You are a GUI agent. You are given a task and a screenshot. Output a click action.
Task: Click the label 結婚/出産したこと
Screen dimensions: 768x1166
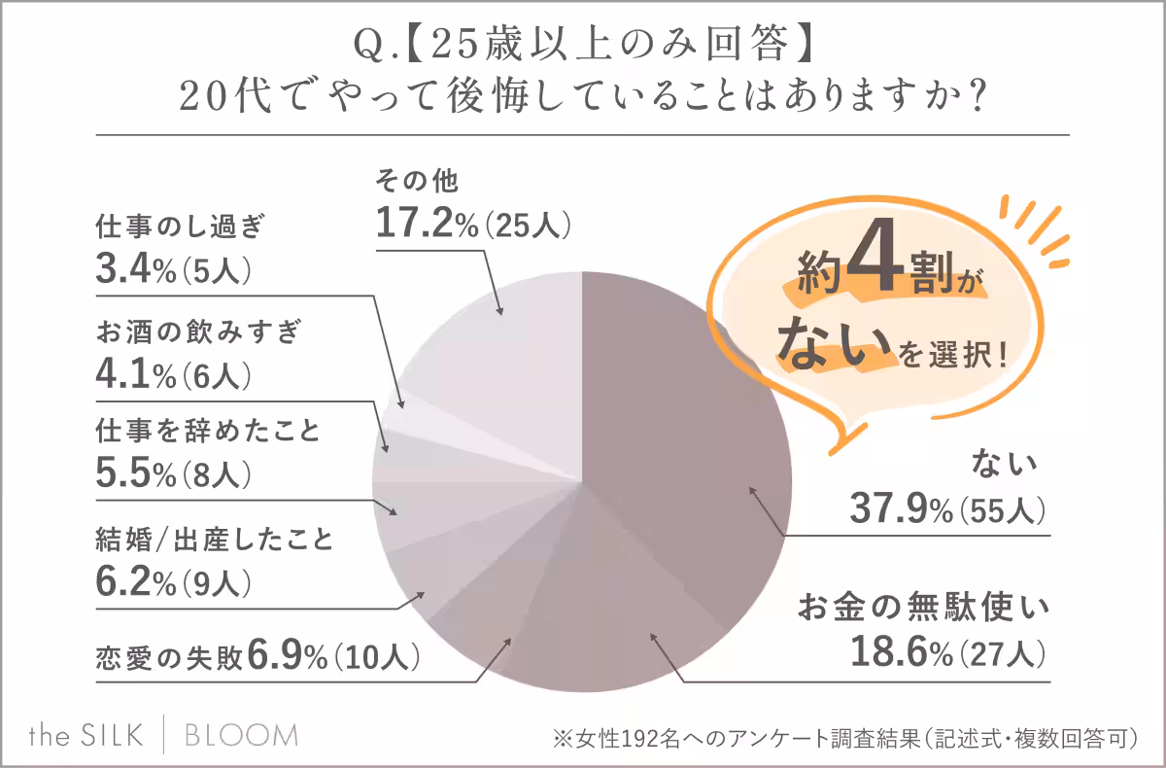click(x=215, y=539)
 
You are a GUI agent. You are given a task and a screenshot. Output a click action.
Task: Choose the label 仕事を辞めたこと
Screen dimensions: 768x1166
click(x=208, y=430)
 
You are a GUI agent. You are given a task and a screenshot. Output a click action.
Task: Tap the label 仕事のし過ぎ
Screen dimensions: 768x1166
click(x=180, y=227)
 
